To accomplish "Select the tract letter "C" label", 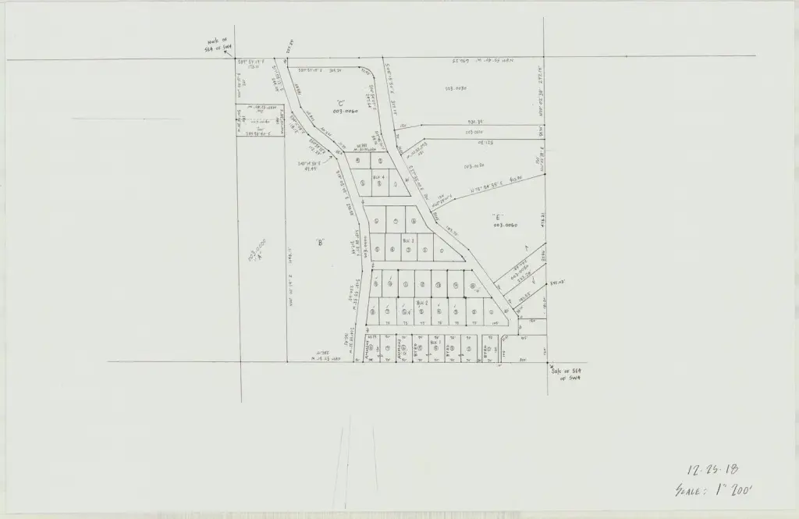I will point(341,103).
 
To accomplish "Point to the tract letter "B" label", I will point(320,242).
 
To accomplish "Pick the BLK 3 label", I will point(407,241).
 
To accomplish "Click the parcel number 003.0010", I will point(475,132).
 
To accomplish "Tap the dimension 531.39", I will point(476,122).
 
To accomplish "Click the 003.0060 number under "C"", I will point(344,112).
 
